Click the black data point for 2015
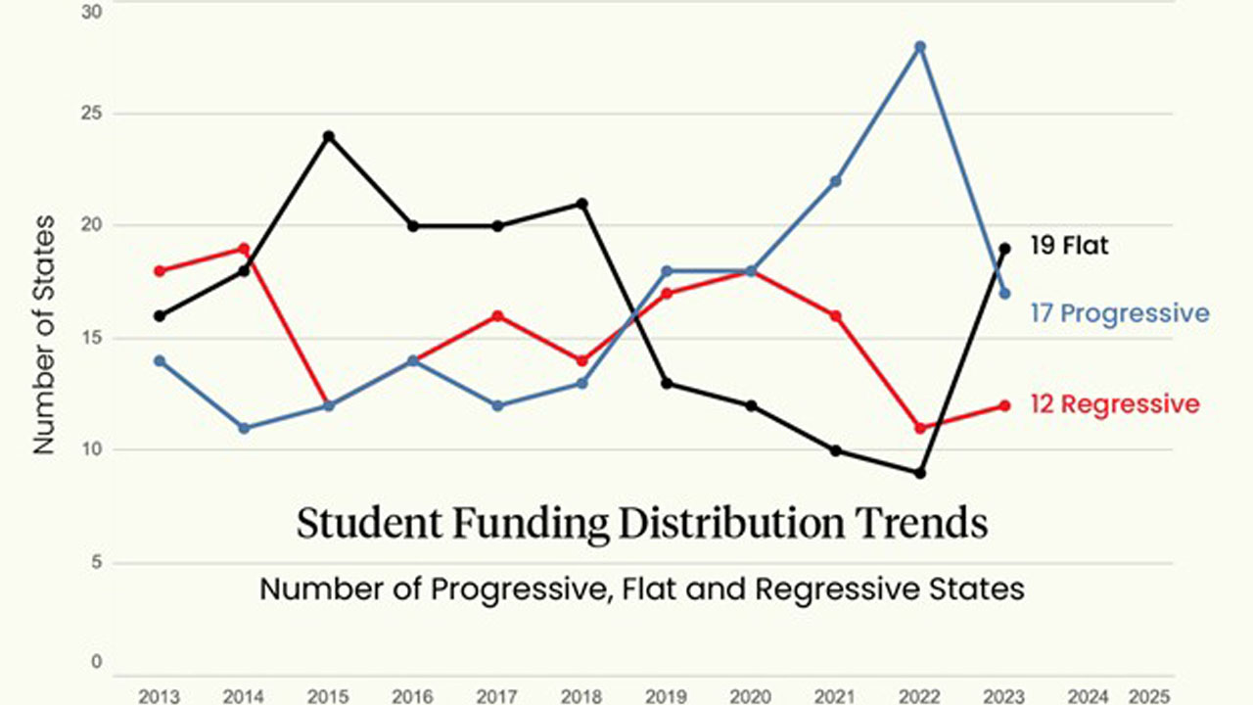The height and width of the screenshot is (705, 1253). click(x=329, y=136)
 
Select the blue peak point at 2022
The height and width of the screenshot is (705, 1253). click(x=920, y=46)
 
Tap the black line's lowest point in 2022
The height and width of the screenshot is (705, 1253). click(x=920, y=473)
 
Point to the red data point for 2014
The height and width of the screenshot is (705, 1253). click(x=244, y=249)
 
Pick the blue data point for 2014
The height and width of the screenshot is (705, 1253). click(x=244, y=428)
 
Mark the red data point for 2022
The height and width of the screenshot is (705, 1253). click(x=920, y=428)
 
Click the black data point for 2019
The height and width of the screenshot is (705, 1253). click(x=667, y=383)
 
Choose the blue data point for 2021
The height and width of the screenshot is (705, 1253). click(x=836, y=181)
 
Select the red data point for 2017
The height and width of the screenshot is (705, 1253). click(x=497, y=315)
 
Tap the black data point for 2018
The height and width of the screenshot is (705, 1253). click(x=581, y=204)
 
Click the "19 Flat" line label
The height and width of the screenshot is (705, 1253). click(x=1069, y=246)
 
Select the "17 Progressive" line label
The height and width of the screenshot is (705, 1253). click(x=1120, y=313)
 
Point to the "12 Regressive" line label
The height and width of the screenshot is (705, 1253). click(x=1114, y=403)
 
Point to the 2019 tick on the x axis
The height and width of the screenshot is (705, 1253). click(x=667, y=696)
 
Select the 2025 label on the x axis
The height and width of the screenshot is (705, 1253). click(x=1147, y=696)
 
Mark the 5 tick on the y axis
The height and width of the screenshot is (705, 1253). click(x=96, y=563)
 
